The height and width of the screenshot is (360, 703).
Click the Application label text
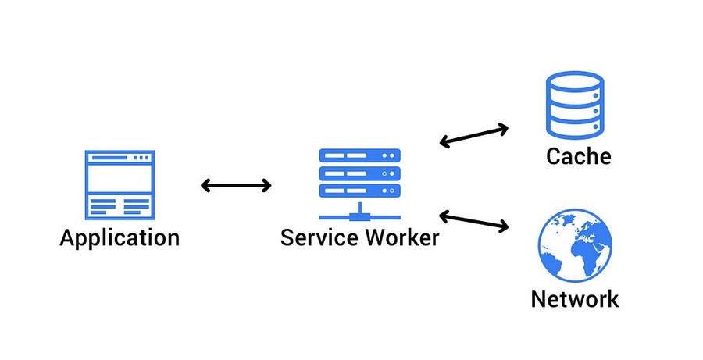pos(120,237)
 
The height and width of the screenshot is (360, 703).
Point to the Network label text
pos(575,298)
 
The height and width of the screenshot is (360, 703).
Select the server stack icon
pos(359,184)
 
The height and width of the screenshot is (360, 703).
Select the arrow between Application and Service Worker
pos(236,185)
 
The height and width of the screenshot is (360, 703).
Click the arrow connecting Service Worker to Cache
pos(473,134)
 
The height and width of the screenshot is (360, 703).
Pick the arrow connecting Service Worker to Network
pos(473,220)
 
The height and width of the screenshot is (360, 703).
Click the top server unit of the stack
pos(359,155)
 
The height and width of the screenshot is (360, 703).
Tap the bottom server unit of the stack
pos(359,191)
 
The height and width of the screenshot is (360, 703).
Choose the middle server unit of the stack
pos(359,173)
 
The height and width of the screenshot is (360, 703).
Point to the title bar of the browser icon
pos(120,158)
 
